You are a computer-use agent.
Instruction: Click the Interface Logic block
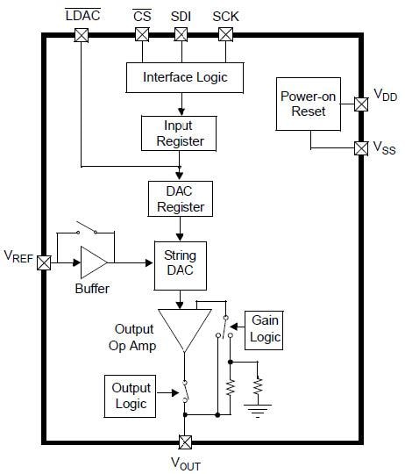point(184,77)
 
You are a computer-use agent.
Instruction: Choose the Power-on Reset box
point(302,104)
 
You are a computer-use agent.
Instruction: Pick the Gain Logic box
point(264,329)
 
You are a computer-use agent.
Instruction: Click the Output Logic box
point(131,396)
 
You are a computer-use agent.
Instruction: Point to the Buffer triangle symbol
point(92,262)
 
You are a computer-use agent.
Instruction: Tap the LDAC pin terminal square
point(82,35)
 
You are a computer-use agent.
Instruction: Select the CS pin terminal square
point(141,35)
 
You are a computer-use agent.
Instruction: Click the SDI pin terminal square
point(181,35)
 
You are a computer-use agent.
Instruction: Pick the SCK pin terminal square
point(224,35)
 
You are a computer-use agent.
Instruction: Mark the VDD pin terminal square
point(360,104)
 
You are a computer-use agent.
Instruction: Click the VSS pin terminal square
point(360,147)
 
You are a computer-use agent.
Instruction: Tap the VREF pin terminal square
point(43,262)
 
